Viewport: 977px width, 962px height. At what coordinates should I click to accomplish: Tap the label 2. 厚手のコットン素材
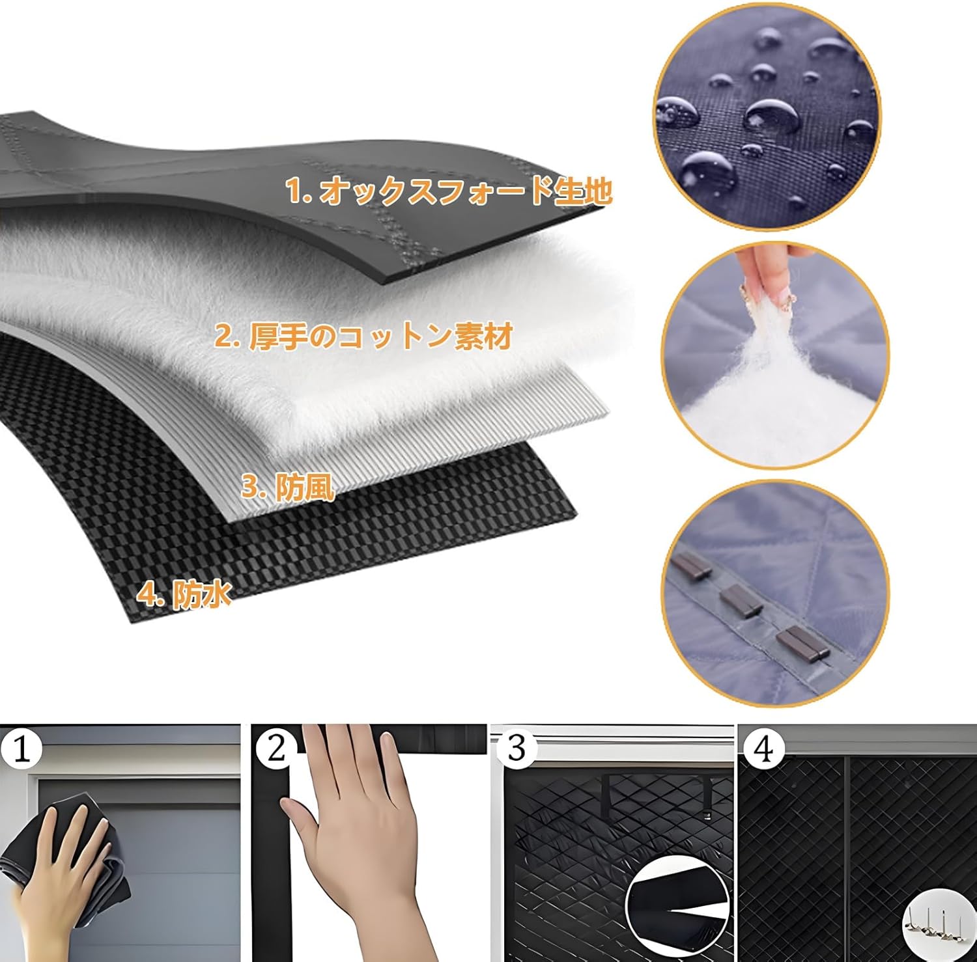click(x=363, y=337)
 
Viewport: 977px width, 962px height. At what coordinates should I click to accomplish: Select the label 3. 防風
click(x=287, y=487)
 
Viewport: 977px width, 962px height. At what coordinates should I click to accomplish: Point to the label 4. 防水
click(x=184, y=594)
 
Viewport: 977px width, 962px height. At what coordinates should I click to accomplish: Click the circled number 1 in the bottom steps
click(x=21, y=749)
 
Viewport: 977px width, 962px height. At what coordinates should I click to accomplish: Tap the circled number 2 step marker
click(x=276, y=749)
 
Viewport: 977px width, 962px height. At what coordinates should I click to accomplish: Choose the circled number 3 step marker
click(x=516, y=749)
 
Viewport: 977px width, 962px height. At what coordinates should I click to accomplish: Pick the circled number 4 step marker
click(x=763, y=749)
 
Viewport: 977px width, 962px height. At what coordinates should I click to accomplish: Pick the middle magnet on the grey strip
click(x=740, y=599)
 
